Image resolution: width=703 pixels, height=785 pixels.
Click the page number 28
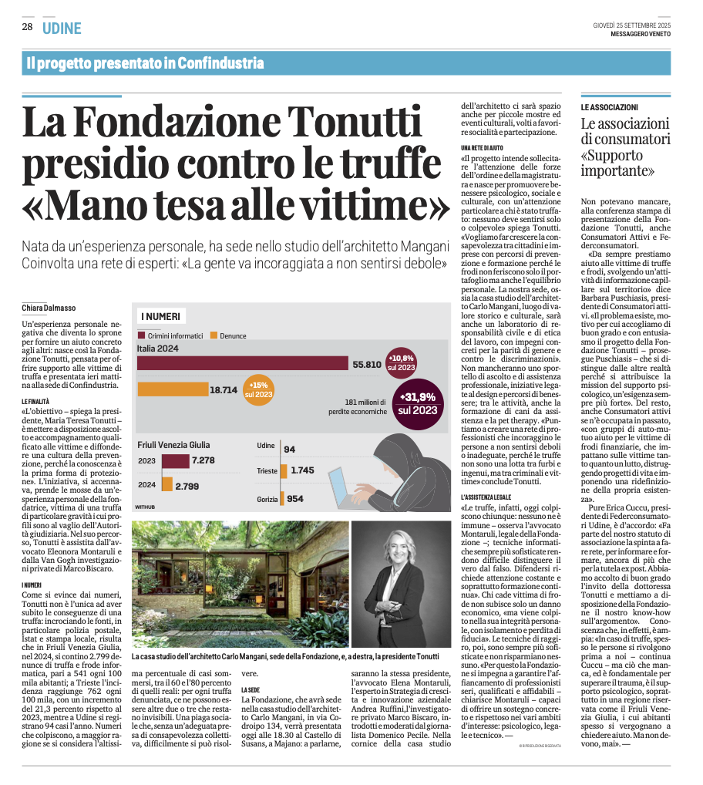coord(27,27)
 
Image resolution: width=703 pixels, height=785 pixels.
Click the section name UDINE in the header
coord(62,28)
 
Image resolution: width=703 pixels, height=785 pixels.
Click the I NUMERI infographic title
coord(160,317)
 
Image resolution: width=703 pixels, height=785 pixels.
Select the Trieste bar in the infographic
coord(285,470)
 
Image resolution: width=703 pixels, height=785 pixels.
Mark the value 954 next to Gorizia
coord(294,499)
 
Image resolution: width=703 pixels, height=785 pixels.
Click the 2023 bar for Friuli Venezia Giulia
coord(174,460)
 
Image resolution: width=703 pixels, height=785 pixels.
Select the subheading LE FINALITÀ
coord(38,403)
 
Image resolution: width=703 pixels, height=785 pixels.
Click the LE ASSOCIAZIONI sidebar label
coord(609,106)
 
